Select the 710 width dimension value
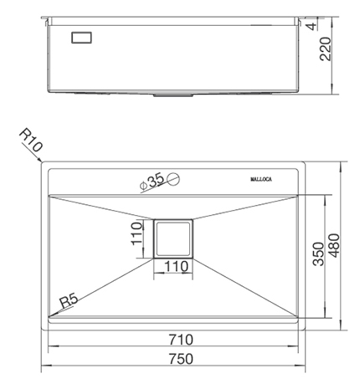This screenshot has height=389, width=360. click(x=179, y=339)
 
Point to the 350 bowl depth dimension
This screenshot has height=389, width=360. click(x=317, y=255)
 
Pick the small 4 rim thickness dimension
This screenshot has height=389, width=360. click(x=335, y=27)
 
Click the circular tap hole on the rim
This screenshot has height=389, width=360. click(x=173, y=177)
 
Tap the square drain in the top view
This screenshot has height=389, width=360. click(x=173, y=240)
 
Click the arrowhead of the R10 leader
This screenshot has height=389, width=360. click(x=44, y=161)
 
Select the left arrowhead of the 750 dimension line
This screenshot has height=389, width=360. click(x=46, y=369)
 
